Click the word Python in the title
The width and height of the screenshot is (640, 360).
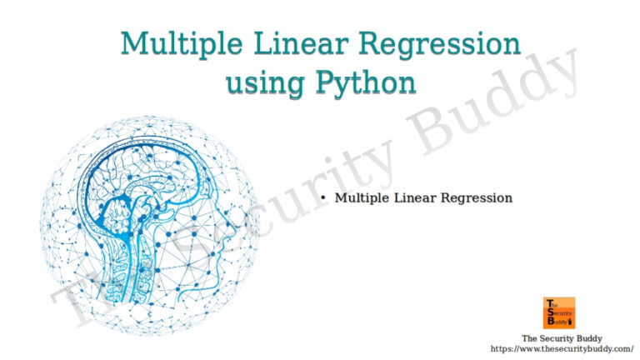point(365,82)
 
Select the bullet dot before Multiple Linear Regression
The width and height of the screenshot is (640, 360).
point(323,198)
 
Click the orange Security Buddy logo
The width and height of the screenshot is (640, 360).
point(559,312)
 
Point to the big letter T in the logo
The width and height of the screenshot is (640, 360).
point(548,302)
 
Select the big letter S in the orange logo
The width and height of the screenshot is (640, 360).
point(548,312)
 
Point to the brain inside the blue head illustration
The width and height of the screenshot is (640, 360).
point(142,179)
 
